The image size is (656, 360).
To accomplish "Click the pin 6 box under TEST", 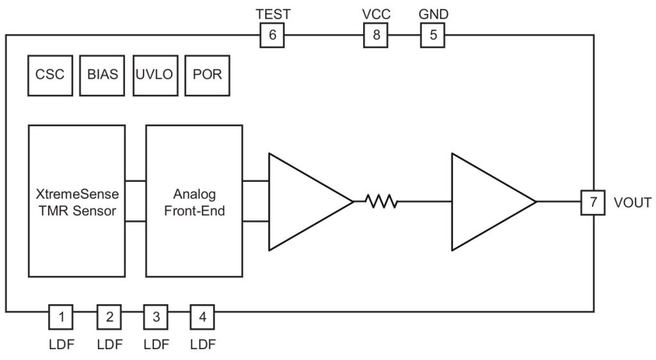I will pyautogui.click(x=272, y=35).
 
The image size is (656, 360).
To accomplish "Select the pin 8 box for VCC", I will pyautogui.click(x=376, y=35).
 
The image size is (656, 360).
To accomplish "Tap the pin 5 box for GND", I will pyautogui.click(x=432, y=35).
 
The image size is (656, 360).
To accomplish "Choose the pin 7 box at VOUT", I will pyautogui.click(x=593, y=202).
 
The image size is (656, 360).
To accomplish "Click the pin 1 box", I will pyautogui.click(x=61, y=316).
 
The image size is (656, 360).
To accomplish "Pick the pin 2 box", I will pyautogui.click(x=110, y=316).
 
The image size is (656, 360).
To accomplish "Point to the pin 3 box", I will pyautogui.click(x=156, y=316).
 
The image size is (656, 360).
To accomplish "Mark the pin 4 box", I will pyautogui.click(x=202, y=316).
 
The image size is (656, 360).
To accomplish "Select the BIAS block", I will pyautogui.click(x=102, y=74).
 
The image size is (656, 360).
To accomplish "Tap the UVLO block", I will pyautogui.click(x=154, y=74).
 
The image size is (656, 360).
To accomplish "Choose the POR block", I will pyautogui.click(x=207, y=74).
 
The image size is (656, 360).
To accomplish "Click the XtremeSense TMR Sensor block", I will pyautogui.click(x=77, y=201).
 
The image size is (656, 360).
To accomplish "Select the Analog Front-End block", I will pyautogui.click(x=194, y=201).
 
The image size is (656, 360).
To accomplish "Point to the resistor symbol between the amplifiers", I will pyautogui.click(x=381, y=202).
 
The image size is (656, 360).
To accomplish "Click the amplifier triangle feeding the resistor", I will pyautogui.click(x=304, y=202).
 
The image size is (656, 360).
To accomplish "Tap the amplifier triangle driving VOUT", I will pyautogui.click(x=487, y=202).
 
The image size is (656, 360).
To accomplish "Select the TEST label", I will pyautogui.click(x=272, y=13).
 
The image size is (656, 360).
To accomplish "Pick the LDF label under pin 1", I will pyautogui.click(x=61, y=344).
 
